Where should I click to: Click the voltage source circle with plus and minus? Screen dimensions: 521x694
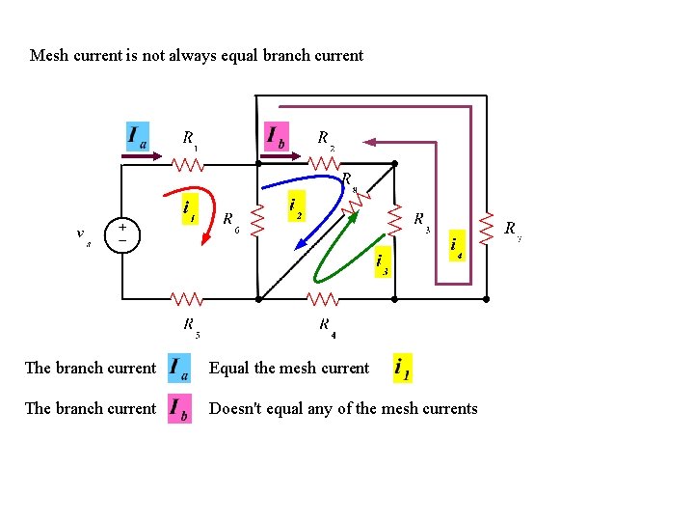pos(122,233)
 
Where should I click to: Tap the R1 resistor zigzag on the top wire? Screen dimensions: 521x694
pos(189,164)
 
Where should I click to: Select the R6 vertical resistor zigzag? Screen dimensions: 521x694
pos(257,221)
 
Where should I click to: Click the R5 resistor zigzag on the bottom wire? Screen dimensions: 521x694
pos(189,299)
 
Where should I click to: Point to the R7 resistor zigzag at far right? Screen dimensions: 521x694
pos(488,229)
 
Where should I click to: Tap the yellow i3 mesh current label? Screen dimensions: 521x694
pos(382,261)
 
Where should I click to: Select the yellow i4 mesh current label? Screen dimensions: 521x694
pos(456,247)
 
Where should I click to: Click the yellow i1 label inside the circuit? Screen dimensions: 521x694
pos(190,208)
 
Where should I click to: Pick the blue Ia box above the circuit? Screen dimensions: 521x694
pos(138,136)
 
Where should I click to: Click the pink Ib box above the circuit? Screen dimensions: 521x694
pos(277,135)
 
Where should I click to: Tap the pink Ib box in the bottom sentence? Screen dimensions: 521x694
pos(178,408)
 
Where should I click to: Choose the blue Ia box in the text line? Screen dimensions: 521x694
pos(178,368)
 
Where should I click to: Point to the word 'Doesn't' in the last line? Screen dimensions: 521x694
pos(234,409)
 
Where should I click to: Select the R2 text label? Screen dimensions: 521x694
pos(326,139)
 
